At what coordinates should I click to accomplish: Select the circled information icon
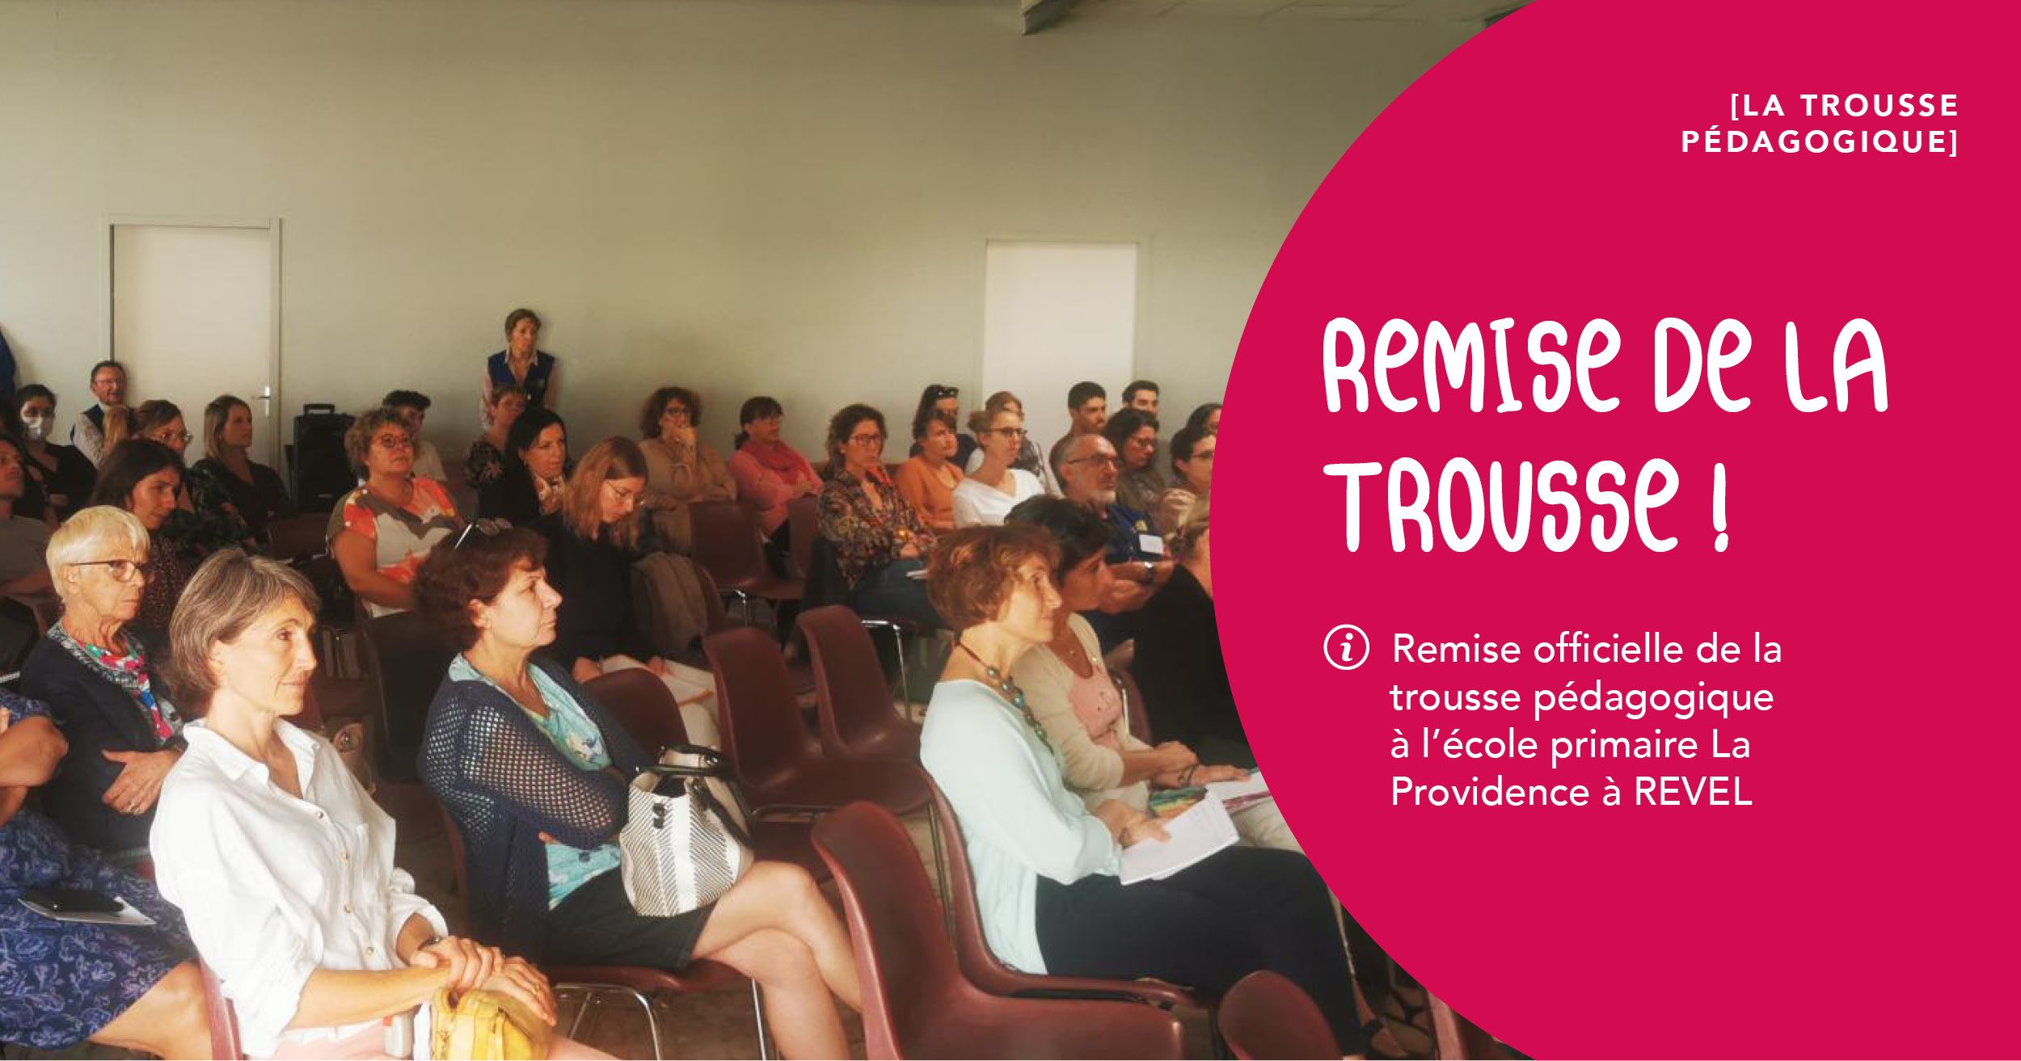coord(1347,649)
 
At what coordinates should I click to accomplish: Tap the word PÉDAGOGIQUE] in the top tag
coord(1820,141)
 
